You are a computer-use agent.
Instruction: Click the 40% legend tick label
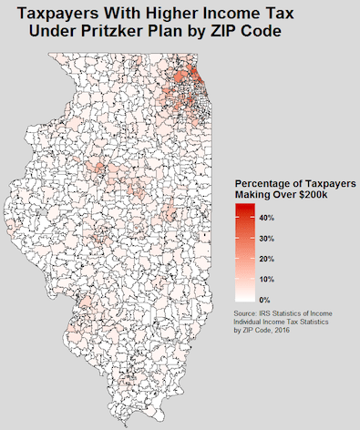coord(267,219)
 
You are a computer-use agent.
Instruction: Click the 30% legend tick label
coord(267,239)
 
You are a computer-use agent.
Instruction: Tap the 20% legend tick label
coord(267,259)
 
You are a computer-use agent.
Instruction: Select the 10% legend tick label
coord(267,279)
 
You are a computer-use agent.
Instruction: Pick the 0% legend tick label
coord(264,299)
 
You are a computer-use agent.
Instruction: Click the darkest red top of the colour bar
coord(243,208)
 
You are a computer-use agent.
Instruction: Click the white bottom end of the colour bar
coord(243,297)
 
